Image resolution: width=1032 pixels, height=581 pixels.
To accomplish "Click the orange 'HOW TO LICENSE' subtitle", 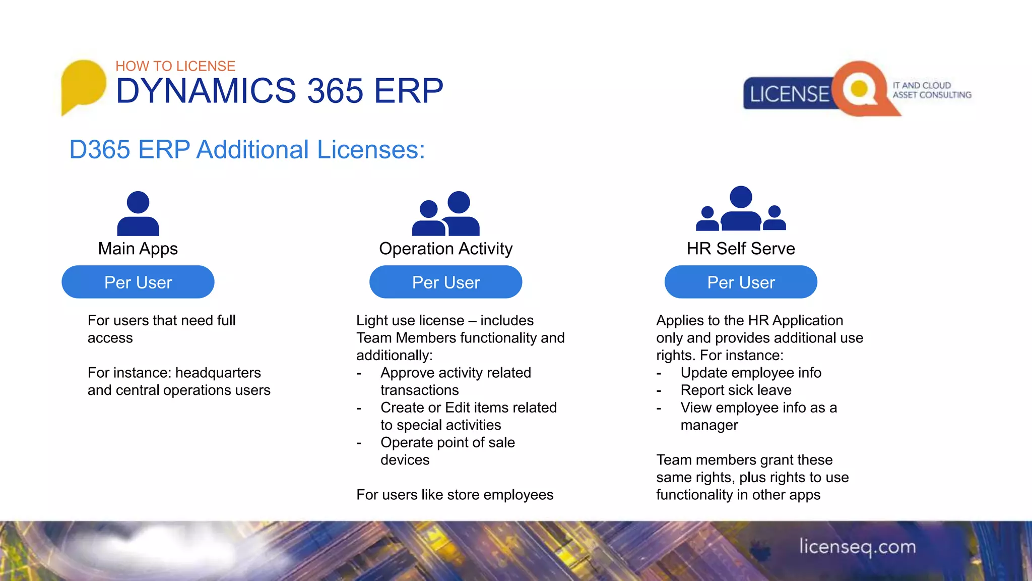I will point(175,66).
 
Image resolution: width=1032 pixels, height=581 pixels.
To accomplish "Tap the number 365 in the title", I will point(335,91).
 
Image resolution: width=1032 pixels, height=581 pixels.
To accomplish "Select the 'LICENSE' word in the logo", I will point(789,94).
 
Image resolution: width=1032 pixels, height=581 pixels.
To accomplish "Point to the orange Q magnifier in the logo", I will point(861,89).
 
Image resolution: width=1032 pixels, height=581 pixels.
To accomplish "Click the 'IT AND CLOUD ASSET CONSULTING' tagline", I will point(932,90).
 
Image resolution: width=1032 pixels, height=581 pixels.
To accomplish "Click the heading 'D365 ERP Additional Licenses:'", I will point(247,150).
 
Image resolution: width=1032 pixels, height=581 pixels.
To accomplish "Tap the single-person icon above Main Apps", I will point(138,214).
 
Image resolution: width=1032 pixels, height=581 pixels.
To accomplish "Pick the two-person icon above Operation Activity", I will point(446,214).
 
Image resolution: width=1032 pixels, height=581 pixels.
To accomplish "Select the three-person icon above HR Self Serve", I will point(741,209).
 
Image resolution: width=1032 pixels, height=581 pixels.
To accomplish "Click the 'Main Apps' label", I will point(138,249).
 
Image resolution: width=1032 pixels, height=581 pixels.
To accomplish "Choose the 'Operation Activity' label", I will point(446,249).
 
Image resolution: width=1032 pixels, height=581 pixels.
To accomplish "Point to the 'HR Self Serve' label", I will point(741,249).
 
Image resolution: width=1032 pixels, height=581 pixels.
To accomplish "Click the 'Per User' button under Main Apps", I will point(138,282).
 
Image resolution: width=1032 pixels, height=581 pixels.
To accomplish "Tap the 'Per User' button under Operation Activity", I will point(446,282).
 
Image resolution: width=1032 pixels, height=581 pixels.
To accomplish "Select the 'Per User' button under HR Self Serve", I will point(741,282).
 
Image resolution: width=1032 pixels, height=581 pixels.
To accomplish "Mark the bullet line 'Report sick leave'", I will point(736,390).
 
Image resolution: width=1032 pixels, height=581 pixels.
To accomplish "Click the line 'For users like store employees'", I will point(455,495).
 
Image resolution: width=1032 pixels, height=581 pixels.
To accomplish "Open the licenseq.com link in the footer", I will point(857,547).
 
